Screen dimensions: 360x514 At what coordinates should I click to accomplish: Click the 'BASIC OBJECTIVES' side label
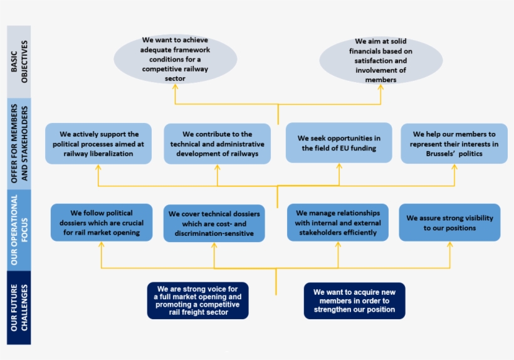(x=19, y=62)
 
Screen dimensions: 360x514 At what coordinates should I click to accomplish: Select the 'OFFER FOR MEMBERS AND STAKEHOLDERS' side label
(x=19, y=144)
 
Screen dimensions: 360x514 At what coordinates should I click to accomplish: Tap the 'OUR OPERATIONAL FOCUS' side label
(x=19, y=232)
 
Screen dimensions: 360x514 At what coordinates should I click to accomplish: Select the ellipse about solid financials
(x=380, y=61)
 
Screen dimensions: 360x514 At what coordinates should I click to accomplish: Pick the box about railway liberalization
(x=99, y=144)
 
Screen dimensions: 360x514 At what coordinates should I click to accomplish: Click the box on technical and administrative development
(x=217, y=144)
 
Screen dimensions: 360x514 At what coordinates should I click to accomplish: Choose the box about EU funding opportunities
(x=339, y=143)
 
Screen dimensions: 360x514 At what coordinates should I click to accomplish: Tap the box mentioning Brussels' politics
(x=454, y=144)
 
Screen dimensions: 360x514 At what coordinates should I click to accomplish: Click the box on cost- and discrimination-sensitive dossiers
(x=214, y=224)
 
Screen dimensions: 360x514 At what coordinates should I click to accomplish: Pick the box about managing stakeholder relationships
(x=338, y=223)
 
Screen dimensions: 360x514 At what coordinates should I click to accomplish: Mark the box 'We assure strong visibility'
(x=449, y=223)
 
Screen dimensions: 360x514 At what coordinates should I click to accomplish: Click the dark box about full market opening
(x=197, y=300)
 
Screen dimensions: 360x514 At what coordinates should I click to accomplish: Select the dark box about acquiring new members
(x=354, y=300)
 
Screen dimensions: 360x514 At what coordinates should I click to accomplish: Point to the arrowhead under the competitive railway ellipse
(x=175, y=89)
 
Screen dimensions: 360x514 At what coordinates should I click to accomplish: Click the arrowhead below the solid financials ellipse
(x=380, y=88)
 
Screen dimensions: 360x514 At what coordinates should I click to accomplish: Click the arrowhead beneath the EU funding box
(x=339, y=167)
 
